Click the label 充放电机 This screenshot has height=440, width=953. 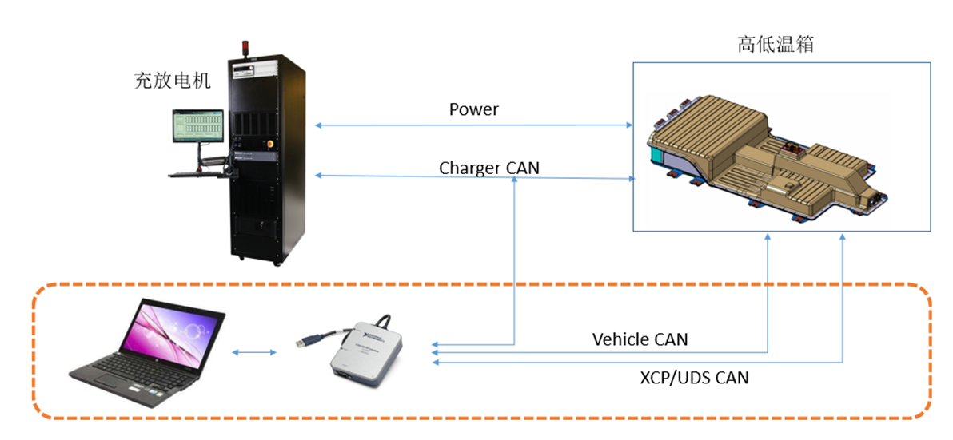[x=172, y=81]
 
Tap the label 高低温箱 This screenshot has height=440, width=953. [x=775, y=44]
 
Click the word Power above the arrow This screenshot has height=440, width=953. [x=473, y=109]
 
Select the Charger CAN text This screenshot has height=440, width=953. [x=488, y=168]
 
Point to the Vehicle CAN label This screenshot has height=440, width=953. [x=640, y=339]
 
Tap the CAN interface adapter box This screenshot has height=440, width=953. [x=367, y=352]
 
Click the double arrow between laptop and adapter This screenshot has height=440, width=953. [x=253, y=351]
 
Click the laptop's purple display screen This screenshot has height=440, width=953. [x=169, y=327]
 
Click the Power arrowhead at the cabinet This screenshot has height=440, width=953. [x=319, y=125]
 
